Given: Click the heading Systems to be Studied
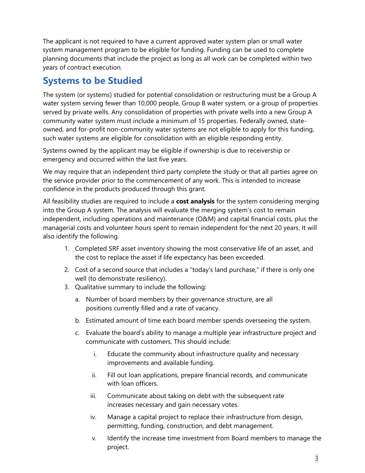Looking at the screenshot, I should pyautogui.click(x=93, y=81).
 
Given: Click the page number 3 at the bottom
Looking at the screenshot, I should pyautogui.click(x=317, y=458).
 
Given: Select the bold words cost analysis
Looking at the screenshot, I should pyautogui.click(x=195, y=201).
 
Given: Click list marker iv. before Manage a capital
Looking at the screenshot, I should pyautogui.click(x=93, y=417).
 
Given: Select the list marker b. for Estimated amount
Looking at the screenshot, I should pyautogui.click(x=78, y=320).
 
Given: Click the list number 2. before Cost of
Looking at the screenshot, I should pyautogui.click(x=67, y=270).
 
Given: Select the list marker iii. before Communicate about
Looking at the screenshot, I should pyautogui.click(x=93, y=396).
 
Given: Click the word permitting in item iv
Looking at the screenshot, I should pyautogui.click(x=123, y=426).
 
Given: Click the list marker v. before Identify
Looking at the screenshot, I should pyautogui.click(x=94, y=438).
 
